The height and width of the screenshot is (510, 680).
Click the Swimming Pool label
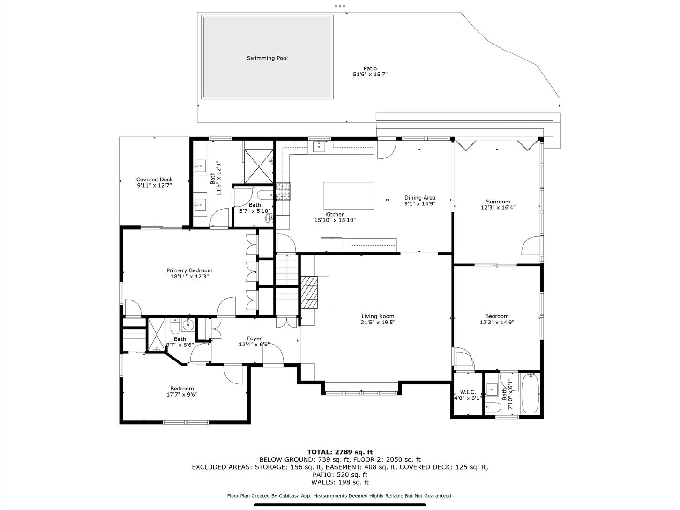point(267,58)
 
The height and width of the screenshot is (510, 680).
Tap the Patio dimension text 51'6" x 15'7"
point(370,75)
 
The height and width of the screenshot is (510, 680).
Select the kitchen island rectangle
point(349,196)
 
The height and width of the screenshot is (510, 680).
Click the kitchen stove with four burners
point(284,191)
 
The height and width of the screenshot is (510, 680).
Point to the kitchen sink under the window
point(319,146)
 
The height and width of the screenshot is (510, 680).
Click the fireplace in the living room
point(309,292)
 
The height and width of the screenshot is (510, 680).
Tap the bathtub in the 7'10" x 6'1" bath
point(531,393)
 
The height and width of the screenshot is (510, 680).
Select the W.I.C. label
point(468,392)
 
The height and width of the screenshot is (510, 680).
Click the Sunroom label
point(498,202)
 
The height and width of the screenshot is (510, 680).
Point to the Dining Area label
point(420,198)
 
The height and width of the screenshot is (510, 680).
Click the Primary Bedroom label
point(189,270)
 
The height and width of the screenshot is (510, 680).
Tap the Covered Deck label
point(154,180)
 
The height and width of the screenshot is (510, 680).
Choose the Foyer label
point(254,338)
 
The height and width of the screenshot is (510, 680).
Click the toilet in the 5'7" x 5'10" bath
point(264,195)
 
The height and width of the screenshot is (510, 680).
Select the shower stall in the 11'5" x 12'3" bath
point(259,167)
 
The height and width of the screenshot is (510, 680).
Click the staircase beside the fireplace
point(287,270)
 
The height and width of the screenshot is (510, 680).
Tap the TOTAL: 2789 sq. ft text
point(340,452)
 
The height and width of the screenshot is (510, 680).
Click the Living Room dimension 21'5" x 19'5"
point(378,322)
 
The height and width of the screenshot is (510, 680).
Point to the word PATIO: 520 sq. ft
point(340,474)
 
